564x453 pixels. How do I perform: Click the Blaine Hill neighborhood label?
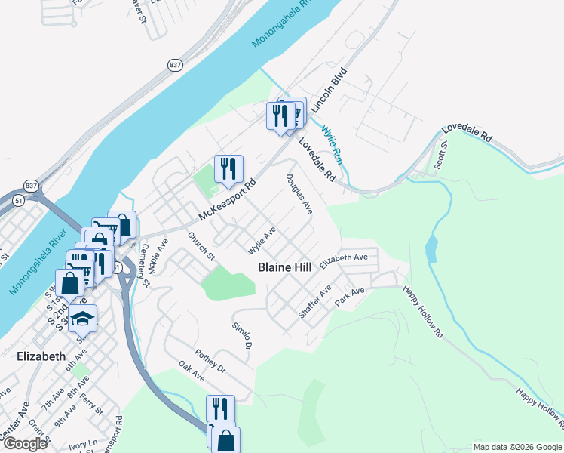pos(284,267)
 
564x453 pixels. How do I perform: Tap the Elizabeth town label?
pos(41,356)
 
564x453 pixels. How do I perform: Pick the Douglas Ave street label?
pos(299,194)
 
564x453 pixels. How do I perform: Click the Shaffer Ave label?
pos(315,301)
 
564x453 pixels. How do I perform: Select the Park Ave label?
pos(350,296)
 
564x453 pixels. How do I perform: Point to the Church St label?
pos(202,246)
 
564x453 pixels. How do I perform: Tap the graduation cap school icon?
pos(83,319)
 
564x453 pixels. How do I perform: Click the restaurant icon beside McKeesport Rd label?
pos(228,170)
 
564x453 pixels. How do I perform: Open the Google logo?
pos(25,444)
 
